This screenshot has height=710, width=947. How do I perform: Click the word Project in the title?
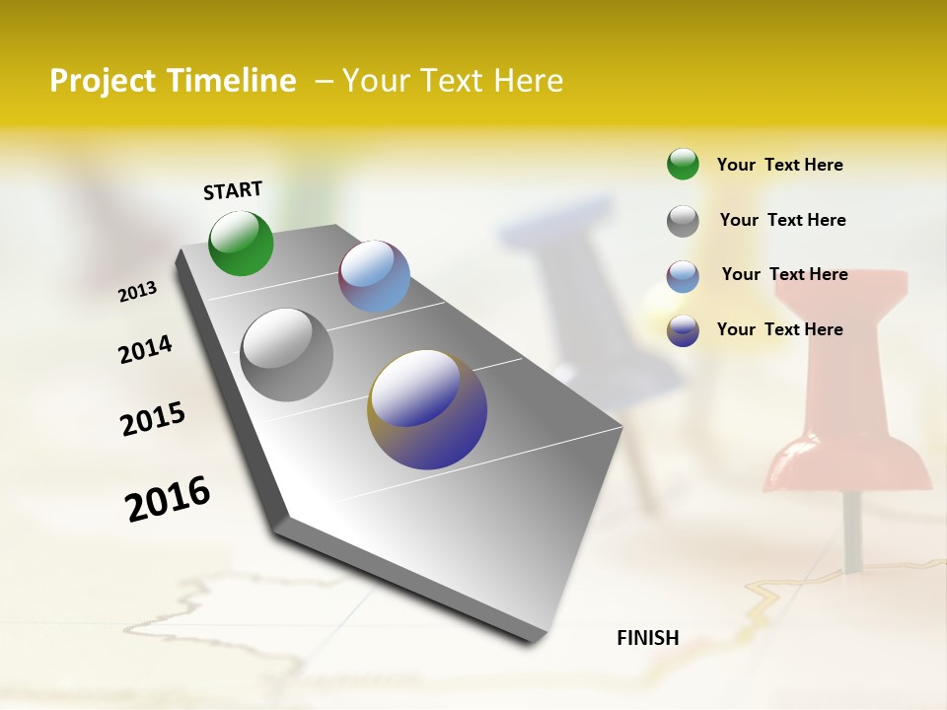click(105, 82)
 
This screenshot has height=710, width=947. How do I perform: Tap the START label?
click(233, 190)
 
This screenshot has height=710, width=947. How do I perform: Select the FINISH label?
click(648, 638)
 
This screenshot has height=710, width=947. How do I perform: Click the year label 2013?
click(138, 292)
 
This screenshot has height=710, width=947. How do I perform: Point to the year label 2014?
click(146, 349)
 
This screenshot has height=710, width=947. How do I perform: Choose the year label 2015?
click(153, 419)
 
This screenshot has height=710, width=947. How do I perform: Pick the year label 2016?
click(168, 498)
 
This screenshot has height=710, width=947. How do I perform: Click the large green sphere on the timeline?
click(241, 243)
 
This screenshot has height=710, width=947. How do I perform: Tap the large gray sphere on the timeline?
click(286, 355)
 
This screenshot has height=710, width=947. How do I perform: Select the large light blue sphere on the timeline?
click(374, 276)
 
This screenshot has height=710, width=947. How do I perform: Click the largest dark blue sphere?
click(427, 409)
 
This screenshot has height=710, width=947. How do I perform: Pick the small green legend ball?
click(683, 164)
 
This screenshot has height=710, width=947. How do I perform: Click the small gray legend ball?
click(683, 221)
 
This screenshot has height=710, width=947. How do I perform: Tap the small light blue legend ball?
click(683, 276)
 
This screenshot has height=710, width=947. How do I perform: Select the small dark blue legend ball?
click(683, 330)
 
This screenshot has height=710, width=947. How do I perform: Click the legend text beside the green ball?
click(779, 165)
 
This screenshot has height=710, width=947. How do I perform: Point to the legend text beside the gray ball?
click(782, 220)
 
